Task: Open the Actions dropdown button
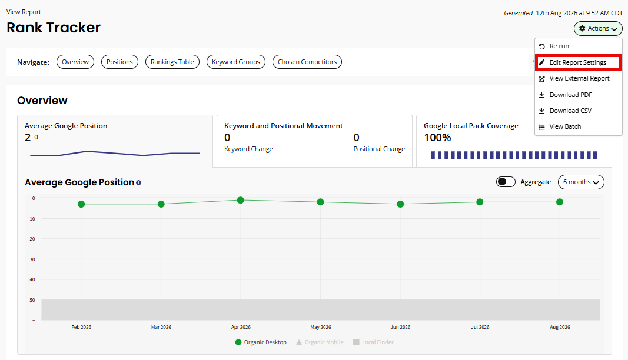pos(598,28)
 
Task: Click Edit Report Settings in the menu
pos(578,62)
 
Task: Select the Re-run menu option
pos(559,46)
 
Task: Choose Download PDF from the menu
pos(571,95)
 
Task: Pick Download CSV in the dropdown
pos(570,111)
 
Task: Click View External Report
pos(579,78)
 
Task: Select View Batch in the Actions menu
pos(565,127)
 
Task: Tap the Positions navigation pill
pos(119,62)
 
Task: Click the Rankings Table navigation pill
pos(172,62)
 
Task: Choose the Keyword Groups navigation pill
pos(236,62)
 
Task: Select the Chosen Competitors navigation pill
pos(307,62)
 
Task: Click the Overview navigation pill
pos(75,62)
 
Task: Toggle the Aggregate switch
pos(506,182)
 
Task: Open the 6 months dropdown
pos(581,182)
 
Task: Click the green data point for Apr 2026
pos(241,200)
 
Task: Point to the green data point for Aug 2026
pos(560,202)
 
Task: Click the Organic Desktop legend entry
pos(261,342)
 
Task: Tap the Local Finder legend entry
pos(373,342)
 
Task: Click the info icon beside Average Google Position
pos(138,182)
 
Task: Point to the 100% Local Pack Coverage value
pos(437,138)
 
